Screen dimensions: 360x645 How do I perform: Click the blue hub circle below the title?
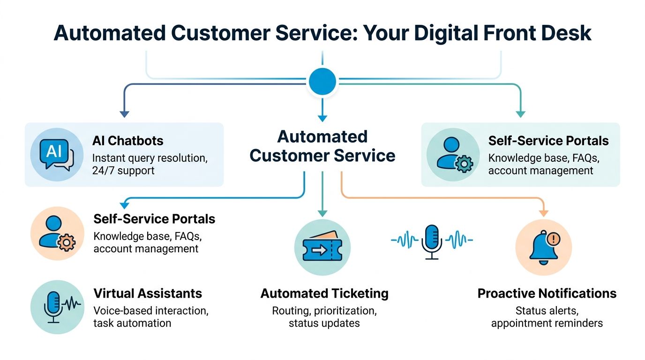pos(322,82)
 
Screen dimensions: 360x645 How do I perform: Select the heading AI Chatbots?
pos(127,141)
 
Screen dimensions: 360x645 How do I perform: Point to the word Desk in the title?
pos(566,34)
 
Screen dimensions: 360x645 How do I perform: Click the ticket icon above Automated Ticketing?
pos(322,247)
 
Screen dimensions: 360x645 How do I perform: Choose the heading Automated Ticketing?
pos(324,294)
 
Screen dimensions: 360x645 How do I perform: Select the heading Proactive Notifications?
pos(547,294)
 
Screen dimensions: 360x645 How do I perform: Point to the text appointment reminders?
pos(547,323)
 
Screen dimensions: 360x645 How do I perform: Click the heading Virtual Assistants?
pos(148,294)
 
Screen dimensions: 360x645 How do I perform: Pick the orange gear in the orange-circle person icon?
pos(66,242)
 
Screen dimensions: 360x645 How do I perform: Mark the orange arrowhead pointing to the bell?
pos(543,213)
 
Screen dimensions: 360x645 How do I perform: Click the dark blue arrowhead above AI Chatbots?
pos(124,113)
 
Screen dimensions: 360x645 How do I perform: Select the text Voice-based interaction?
pos(151,311)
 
